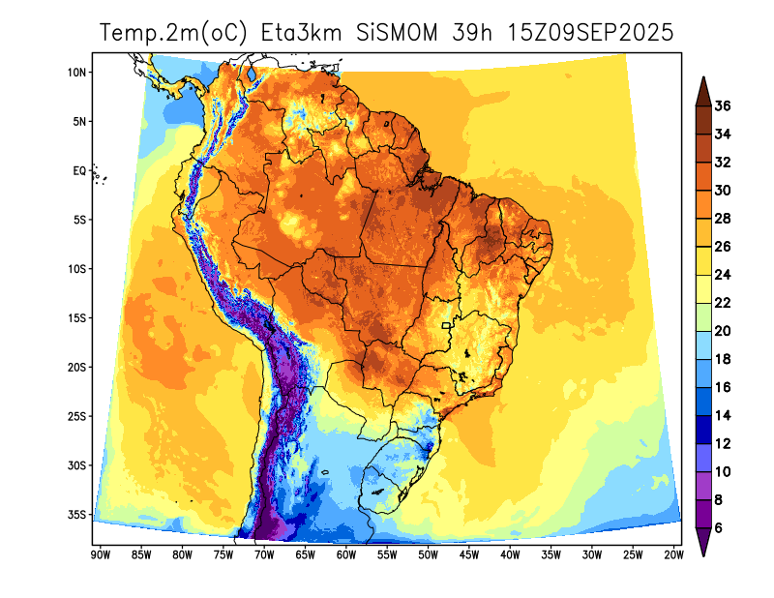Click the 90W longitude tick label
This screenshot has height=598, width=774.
pos(99,554)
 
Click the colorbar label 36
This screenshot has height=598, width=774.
pos(722,105)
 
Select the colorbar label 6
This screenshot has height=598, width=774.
pos(719,527)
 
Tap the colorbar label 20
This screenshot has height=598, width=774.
pos(722,331)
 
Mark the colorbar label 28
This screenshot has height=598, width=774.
pos(722,219)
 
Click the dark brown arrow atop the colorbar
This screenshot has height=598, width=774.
pos(704,90)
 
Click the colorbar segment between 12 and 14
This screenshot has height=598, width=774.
pos(704,429)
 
